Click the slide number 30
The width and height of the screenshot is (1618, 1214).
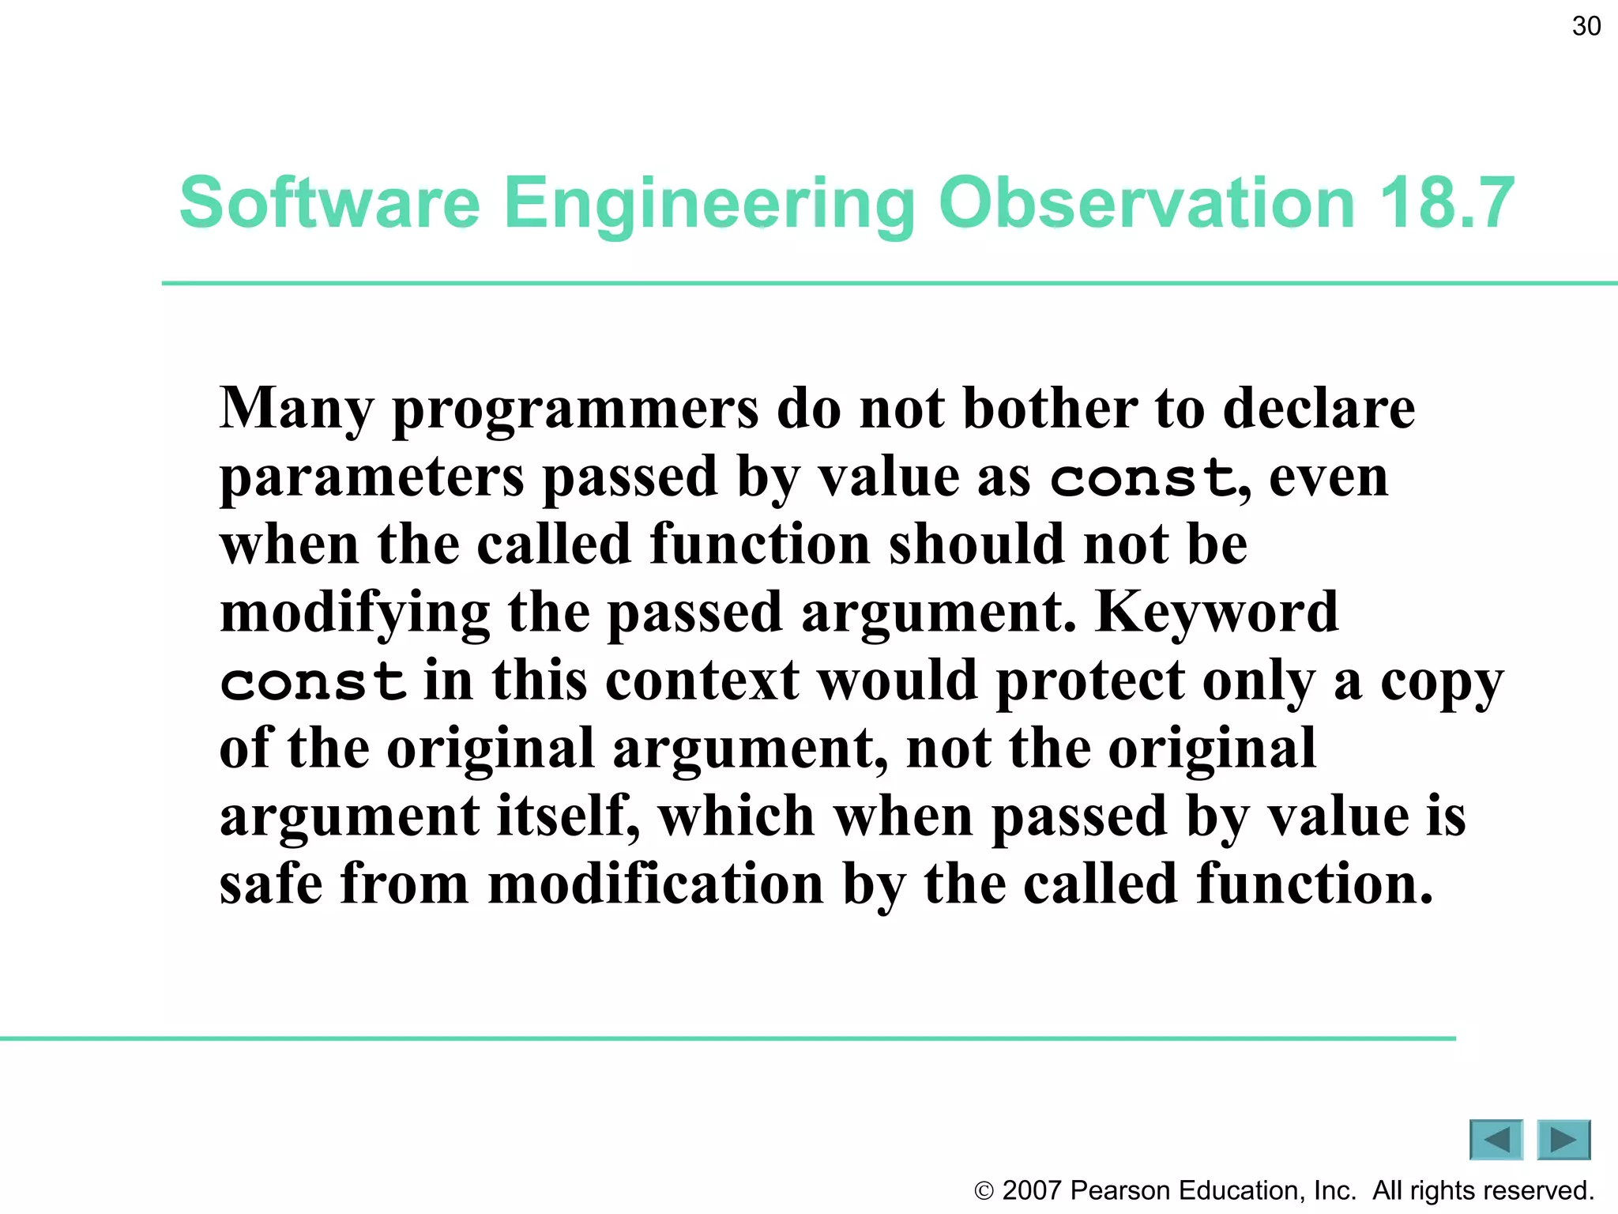point(1586,26)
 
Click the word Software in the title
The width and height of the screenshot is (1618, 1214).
point(329,202)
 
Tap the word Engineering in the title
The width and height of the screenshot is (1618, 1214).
point(709,204)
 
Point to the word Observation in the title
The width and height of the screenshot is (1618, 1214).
point(1146,202)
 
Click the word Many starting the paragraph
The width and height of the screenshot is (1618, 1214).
point(295,409)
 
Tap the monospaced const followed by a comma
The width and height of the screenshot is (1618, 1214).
point(1142,478)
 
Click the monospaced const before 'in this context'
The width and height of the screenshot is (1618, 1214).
point(313,682)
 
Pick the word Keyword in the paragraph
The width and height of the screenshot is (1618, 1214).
point(1217,612)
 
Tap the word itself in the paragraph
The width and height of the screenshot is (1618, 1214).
point(566,816)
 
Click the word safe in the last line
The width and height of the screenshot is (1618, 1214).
point(271,884)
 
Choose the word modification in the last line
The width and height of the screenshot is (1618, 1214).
point(656,884)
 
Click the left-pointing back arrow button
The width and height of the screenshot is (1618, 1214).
point(1496,1140)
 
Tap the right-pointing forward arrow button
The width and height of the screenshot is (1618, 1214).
point(1563,1140)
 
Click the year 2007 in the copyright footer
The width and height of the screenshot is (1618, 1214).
point(1031,1190)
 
